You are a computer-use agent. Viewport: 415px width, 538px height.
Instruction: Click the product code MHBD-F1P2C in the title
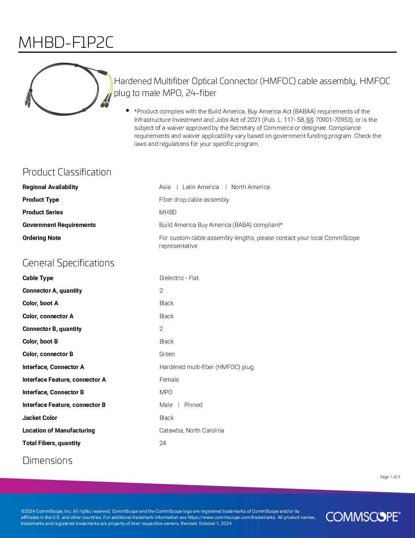point(66,42)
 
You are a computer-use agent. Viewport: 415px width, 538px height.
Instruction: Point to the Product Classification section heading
point(67,172)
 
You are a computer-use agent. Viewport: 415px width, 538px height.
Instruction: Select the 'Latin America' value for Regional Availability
point(201,187)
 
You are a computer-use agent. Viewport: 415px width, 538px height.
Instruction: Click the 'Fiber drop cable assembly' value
point(194,200)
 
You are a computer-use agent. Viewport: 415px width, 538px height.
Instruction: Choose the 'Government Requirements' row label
point(59,225)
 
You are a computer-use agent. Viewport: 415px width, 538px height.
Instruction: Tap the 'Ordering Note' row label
point(42,238)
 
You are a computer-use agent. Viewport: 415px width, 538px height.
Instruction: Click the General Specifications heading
point(68,263)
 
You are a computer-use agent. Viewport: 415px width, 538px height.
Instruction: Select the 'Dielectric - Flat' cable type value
point(179,278)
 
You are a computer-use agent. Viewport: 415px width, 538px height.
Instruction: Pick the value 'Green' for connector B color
point(167,354)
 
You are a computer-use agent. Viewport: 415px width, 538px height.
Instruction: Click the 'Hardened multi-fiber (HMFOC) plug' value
point(206,367)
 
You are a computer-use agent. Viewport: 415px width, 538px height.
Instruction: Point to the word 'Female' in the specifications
point(169,380)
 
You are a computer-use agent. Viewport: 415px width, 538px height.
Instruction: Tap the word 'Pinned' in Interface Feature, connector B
point(193,405)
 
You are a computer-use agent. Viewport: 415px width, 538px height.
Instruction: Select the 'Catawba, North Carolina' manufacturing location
point(191,431)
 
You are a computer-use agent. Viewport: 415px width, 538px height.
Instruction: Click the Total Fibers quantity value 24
point(163,443)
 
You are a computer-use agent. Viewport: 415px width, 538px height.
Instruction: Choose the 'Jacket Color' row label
point(40,418)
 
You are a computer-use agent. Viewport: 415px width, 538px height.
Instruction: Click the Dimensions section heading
point(47,460)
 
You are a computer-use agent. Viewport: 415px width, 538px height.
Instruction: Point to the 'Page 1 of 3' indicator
point(390,477)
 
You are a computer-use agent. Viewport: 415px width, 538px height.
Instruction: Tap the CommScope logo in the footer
point(363,517)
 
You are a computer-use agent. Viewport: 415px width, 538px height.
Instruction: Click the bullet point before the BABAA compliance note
point(127,110)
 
